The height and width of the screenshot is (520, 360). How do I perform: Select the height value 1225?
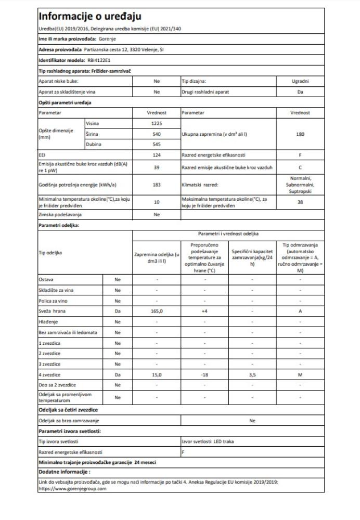pos(157,123)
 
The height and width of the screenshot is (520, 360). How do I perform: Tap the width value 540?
pos(157,134)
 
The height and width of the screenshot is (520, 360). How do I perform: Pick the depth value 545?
pos(157,144)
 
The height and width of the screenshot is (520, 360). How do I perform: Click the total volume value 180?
pos(300,134)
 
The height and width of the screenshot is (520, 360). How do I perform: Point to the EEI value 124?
pos(157,155)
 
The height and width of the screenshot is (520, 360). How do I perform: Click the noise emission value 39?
pos(157,167)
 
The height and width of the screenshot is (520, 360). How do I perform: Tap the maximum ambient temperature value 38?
pos(300,202)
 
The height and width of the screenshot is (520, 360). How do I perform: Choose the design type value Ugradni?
pos(300,82)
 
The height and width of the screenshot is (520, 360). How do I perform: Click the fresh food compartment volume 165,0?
pos(157,311)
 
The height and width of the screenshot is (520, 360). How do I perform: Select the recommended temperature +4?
pos(205,311)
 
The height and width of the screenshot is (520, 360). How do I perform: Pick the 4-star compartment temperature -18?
pos(205,374)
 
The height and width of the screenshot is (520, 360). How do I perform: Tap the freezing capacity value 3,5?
pos(252,374)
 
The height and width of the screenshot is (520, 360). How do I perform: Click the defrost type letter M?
pos(300,374)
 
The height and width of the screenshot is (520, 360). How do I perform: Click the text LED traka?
pos(224,441)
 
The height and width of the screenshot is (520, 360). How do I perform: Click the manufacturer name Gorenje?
pos(107,39)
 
